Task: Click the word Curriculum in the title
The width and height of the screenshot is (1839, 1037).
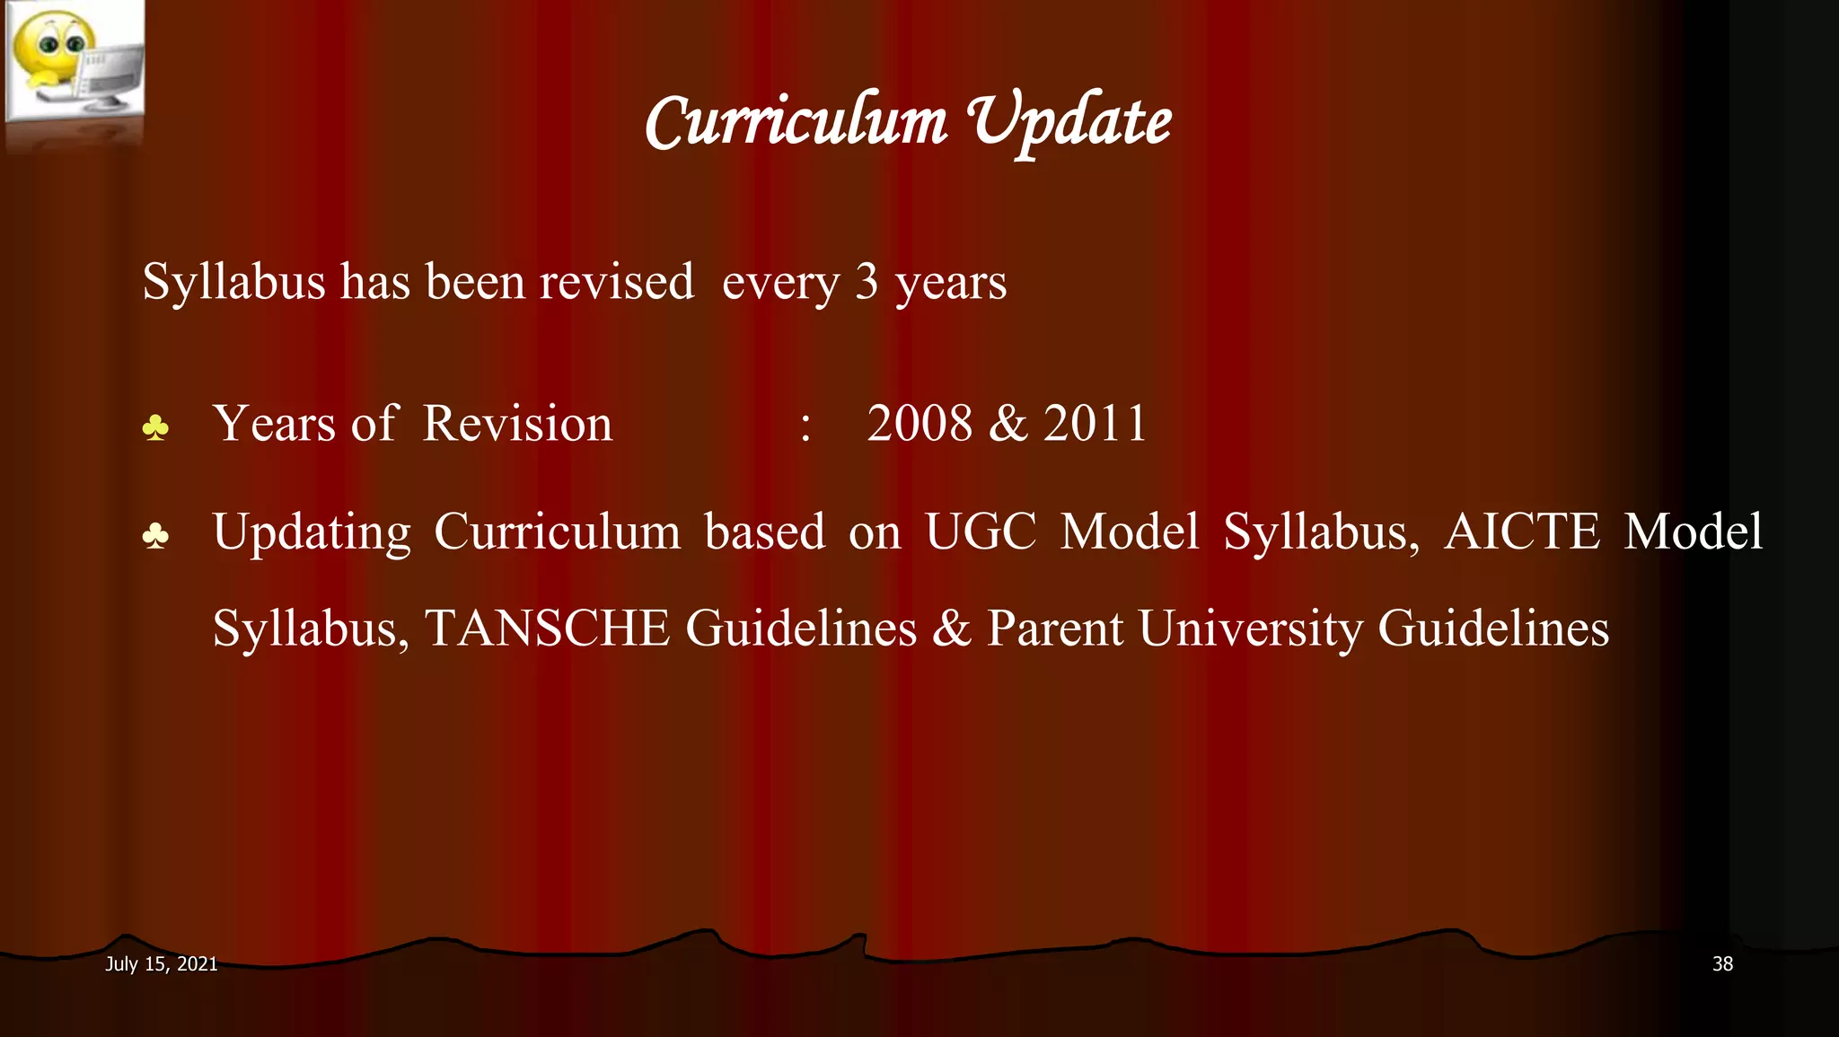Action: click(x=796, y=123)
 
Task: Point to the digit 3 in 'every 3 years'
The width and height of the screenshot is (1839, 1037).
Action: click(x=866, y=282)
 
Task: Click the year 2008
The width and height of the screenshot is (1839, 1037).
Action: click(x=919, y=423)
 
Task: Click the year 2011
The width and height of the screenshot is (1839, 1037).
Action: click(x=1095, y=423)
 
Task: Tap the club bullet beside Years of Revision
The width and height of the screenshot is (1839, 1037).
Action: click(x=155, y=428)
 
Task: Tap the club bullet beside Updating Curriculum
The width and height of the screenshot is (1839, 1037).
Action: click(x=155, y=537)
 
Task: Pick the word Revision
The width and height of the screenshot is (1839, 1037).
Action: click(x=517, y=423)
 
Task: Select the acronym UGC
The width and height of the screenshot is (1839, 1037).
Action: click(x=980, y=532)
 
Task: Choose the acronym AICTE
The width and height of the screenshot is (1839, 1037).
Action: click(x=1521, y=532)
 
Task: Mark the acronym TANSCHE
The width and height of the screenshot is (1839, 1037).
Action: click(x=547, y=628)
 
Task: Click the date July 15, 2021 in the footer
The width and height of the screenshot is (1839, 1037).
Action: click(x=162, y=964)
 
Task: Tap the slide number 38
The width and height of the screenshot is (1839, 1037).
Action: click(x=1722, y=964)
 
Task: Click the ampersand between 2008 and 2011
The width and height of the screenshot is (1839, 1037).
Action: click(x=1007, y=423)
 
